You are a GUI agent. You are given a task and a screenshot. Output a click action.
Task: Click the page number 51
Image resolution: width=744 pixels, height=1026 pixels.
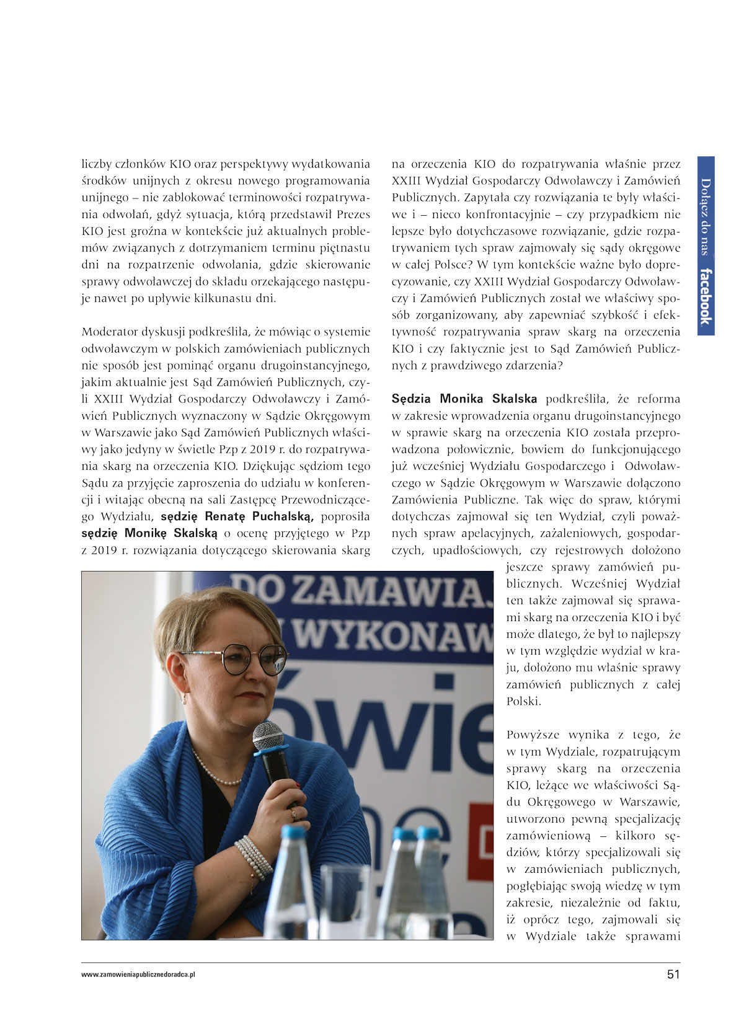click(673, 974)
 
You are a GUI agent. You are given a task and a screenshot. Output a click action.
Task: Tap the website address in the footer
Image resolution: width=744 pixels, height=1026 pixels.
click(138, 975)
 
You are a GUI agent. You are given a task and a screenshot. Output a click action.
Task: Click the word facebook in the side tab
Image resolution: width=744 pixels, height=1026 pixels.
click(706, 296)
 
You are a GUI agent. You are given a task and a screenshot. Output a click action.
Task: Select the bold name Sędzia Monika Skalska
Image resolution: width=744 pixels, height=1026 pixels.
click(464, 399)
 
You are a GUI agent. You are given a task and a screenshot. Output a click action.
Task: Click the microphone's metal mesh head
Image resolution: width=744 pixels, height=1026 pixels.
click(268, 736)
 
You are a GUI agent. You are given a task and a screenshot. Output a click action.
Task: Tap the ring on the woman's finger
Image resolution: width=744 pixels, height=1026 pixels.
click(294, 813)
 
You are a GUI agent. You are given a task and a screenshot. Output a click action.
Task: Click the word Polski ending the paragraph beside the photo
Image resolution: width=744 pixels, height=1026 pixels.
click(524, 701)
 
